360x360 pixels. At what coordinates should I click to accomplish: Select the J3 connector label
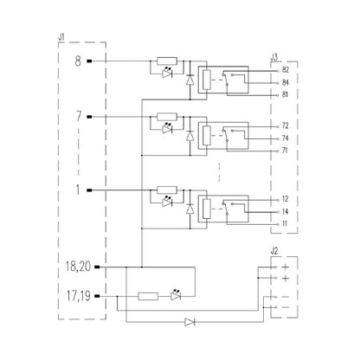(x=275, y=57)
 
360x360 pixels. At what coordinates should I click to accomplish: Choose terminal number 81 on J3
(x=285, y=93)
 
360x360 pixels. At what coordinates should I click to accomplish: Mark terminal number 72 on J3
(x=285, y=126)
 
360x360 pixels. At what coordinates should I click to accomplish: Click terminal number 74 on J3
(x=285, y=138)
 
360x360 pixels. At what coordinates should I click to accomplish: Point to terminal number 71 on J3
(x=285, y=151)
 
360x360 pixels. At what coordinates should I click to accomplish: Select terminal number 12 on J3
(x=285, y=199)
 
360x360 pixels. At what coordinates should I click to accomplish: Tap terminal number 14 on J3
(x=285, y=211)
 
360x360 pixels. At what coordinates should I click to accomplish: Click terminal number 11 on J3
(x=285, y=223)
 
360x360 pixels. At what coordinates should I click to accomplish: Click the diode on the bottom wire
(x=190, y=322)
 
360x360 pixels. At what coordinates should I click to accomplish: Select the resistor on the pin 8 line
(x=168, y=61)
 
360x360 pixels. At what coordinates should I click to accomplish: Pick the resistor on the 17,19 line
(x=148, y=296)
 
